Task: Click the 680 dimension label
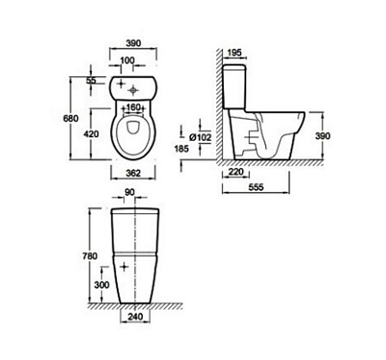pos(70,119)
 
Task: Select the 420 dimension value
pos(92,133)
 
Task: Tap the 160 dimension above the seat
pos(133,107)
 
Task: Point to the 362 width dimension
pos(133,173)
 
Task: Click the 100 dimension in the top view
pos(127,61)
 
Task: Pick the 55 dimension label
pos(91,80)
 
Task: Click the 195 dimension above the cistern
pos(234,53)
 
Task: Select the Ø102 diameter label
pos(201,138)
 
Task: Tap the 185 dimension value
pos(181,149)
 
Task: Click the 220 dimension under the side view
pos(235,172)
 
